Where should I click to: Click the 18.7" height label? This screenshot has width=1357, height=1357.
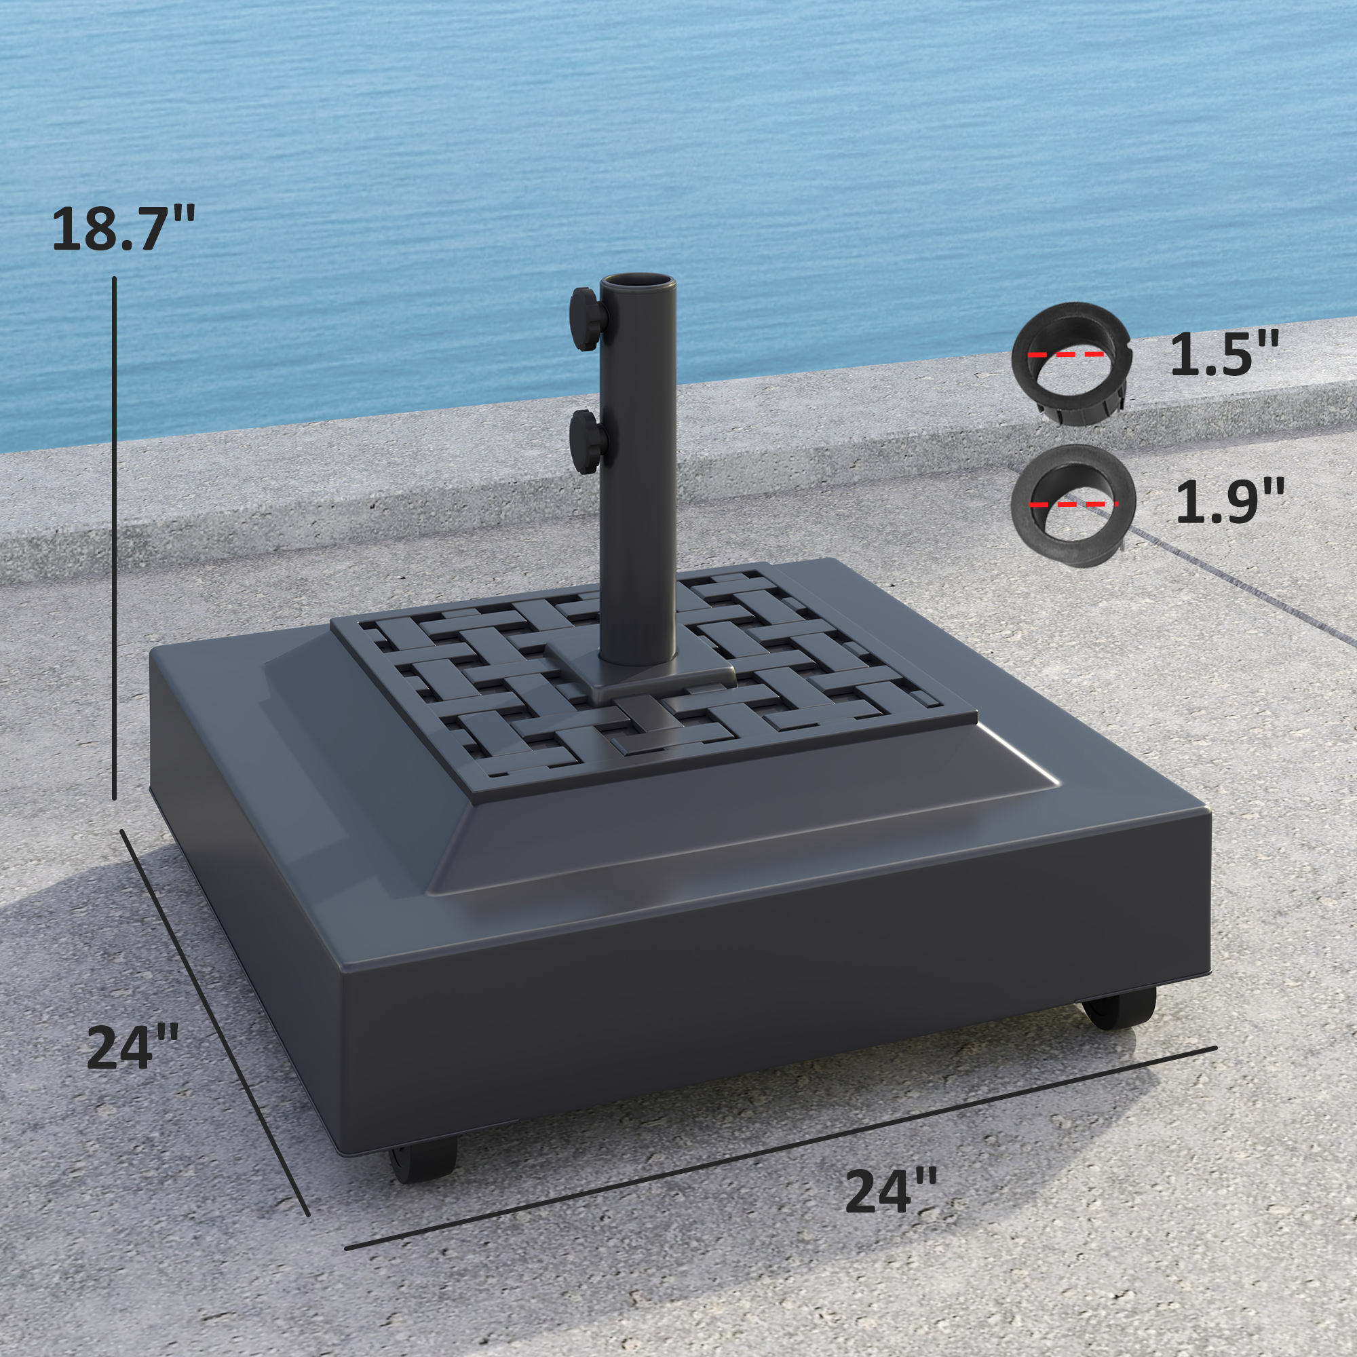pos(123,228)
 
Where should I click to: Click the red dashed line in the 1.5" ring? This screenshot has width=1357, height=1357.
pos(1065,356)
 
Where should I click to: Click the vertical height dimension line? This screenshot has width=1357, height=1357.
pos(115,537)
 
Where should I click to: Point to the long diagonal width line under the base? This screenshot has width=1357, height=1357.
pos(780,1159)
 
